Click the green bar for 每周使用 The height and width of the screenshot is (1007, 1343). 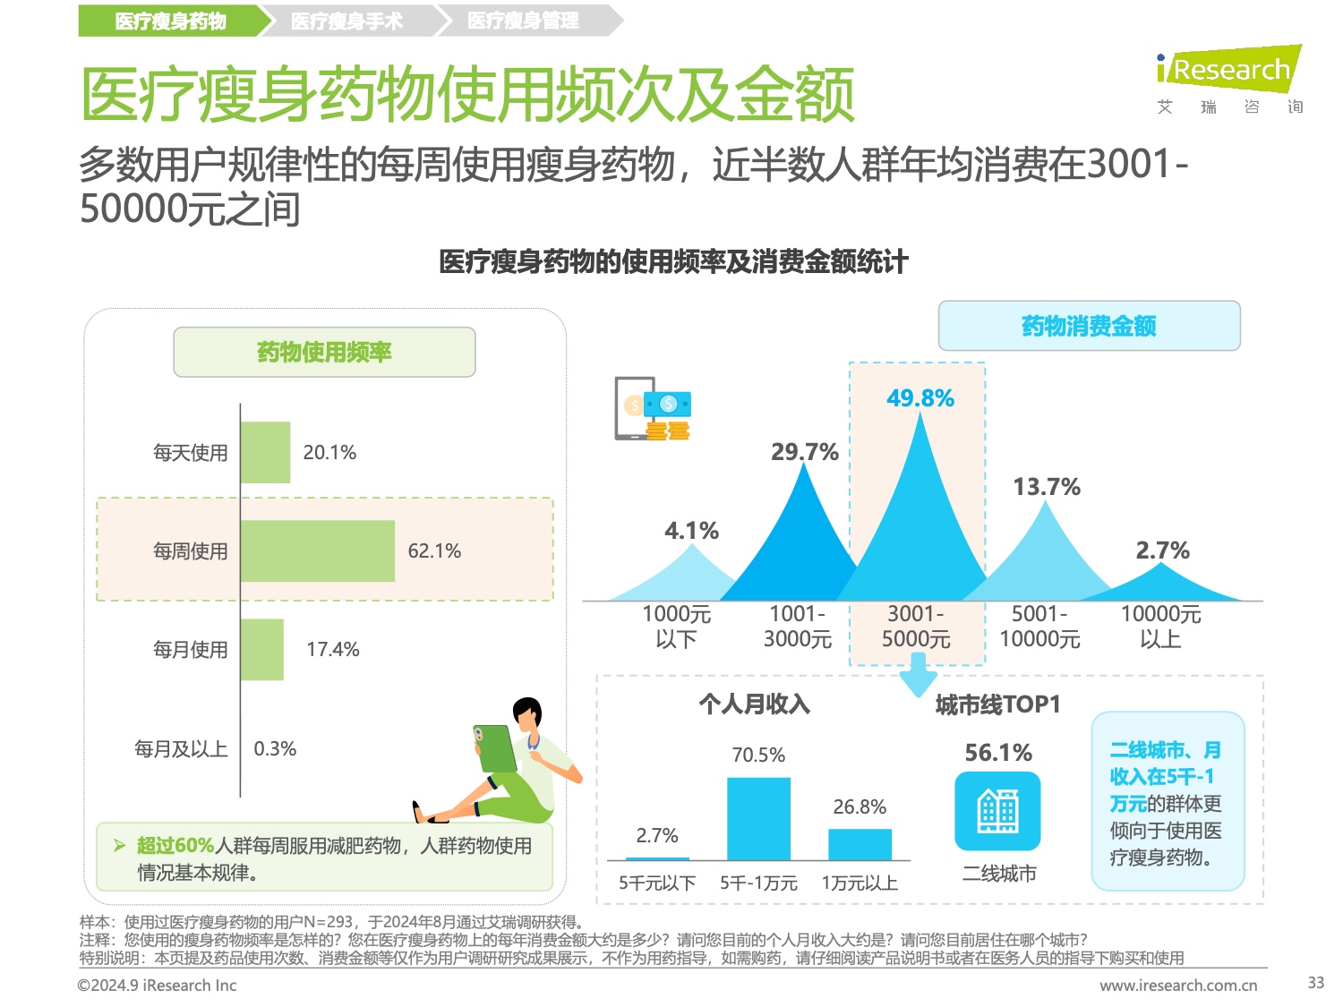pos(317,550)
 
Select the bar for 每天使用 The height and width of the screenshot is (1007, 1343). pos(265,452)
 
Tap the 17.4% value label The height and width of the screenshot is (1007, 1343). pos(332,649)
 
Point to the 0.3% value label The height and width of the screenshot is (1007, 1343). pos(275,748)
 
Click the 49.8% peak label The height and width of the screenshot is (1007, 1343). pos(920,398)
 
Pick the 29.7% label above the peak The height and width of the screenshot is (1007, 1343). pos(804,452)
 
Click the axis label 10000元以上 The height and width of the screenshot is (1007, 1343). pos(1160,626)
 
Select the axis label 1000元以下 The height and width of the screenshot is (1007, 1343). pos(676,626)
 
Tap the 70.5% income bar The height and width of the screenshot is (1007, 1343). pos(758,818)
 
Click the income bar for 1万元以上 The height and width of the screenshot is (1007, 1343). pos(860,844)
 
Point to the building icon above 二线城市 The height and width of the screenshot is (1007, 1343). pos(997,811)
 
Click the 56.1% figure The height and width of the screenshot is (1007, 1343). pos(997,753)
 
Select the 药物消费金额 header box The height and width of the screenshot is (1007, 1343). pos(1089,326)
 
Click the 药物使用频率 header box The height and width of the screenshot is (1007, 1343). pos(324,352)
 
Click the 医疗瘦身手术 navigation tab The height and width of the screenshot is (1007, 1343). pos(347,21)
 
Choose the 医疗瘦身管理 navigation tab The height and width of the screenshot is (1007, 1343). pos(524,21)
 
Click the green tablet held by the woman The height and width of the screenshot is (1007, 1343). pos(495,748)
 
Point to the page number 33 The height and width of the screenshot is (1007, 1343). pos(1315,982)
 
